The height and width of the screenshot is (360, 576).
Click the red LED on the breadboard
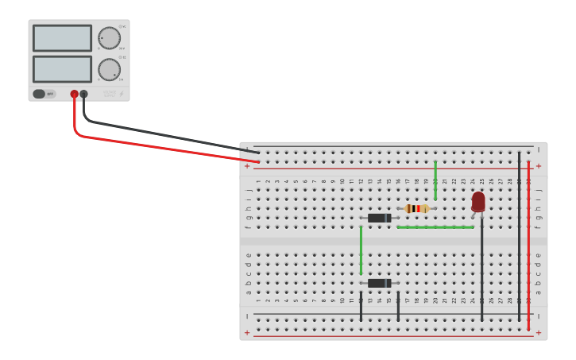point(477,202)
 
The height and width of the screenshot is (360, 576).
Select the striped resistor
point(416,208)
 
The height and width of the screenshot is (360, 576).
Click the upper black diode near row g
point(379,218)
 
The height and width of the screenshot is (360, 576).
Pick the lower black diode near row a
point(379,283)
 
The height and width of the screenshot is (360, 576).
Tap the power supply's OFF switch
point(44,94)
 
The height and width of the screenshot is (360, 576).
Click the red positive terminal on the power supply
point(74,94)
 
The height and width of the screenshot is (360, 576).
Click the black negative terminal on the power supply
point(83,94)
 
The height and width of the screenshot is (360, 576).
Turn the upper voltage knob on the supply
point(109,37)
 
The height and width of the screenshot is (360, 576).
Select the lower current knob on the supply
point(109,69)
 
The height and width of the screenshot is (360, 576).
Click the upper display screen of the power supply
point(62,37)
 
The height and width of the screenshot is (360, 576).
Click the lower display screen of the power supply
point(62,69)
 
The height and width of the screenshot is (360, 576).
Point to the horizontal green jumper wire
point(435,227)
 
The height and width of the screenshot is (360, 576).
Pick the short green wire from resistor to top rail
point(435,180)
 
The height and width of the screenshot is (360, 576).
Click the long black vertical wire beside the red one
point(520,238)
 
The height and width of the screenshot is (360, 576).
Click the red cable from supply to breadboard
point(159,147)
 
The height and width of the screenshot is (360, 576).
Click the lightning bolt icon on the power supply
point(121,95)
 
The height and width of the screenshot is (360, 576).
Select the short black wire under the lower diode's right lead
point(398,306)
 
